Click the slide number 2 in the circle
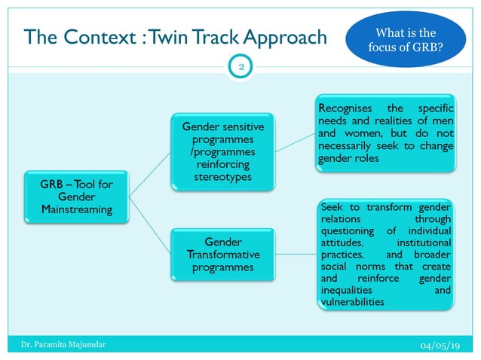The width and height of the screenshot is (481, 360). tap(240, 67)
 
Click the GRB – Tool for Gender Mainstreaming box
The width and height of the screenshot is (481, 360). tap(77, 194)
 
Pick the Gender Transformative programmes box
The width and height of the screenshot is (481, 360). tap(223, 254)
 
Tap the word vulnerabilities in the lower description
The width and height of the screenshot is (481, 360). tap(352, 302)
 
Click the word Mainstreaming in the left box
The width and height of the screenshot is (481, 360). tap(77, 208)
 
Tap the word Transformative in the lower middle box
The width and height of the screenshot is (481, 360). tap(223, 255)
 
